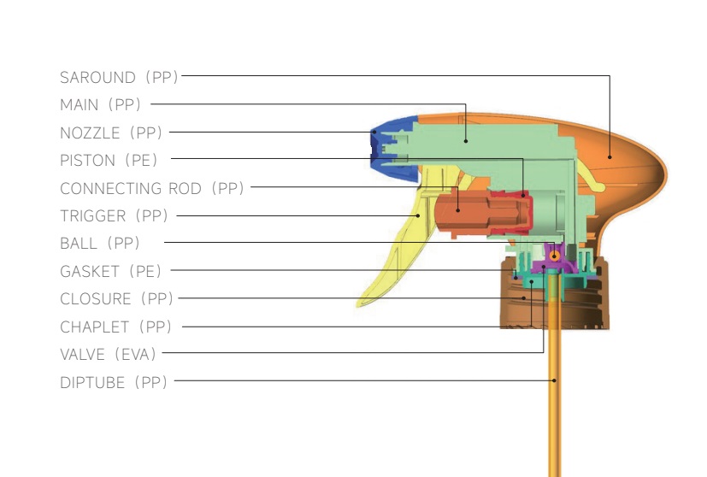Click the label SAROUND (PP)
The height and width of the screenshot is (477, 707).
119,77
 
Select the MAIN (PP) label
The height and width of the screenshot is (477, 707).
100,104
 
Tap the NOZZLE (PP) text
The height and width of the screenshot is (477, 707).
111,132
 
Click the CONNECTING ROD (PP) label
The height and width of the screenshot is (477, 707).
152,188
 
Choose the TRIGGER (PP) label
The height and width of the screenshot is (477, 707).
115,215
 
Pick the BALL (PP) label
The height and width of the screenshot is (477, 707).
99,243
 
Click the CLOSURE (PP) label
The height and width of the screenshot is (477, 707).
116,298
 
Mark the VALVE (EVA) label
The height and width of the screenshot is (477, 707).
108,354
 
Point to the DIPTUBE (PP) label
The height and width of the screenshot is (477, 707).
114,382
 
